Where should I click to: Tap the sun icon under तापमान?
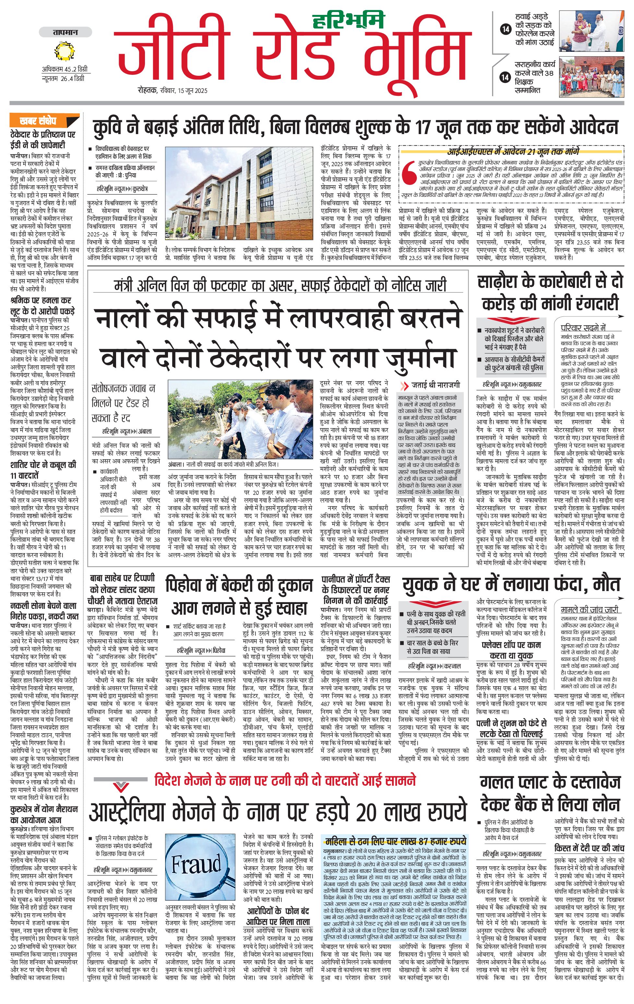(x=65, y=52)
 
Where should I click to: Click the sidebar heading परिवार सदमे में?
(x=583, y=327)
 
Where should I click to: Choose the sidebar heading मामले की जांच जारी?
(x=589, y=610)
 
